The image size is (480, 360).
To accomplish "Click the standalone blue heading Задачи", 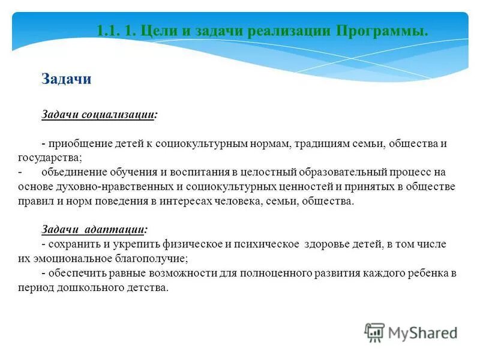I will (66, 79).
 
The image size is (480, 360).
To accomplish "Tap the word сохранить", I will (73, 244).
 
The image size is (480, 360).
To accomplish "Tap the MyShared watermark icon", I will (375, 332).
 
